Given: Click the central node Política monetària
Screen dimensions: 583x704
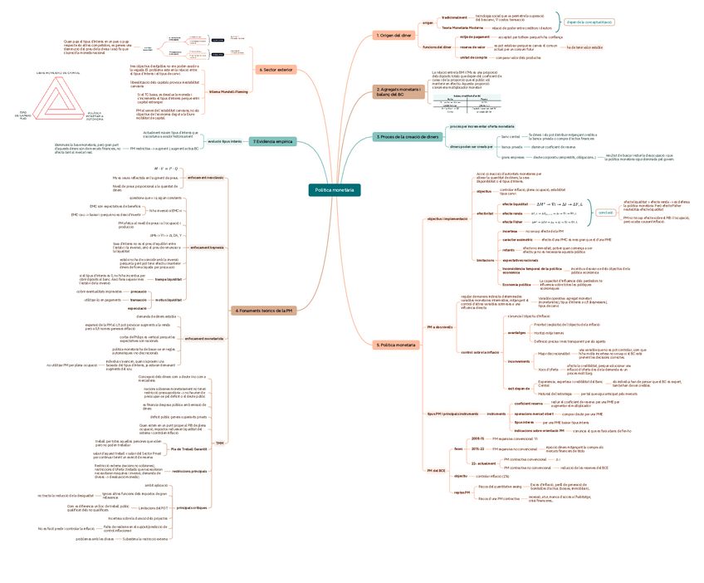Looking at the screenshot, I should tap(335, 190).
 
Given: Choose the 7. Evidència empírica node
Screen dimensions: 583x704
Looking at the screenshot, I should tap(272, 141).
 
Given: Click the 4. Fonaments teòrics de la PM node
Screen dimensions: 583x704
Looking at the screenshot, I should tap(264, 311).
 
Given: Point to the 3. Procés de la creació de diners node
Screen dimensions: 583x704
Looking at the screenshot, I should tap(407, 136).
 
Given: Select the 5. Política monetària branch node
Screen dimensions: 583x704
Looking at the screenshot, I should tap(396, 344).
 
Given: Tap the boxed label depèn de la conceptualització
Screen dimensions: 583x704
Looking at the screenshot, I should tap(589, 22).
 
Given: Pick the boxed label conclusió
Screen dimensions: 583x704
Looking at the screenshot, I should tap(605, 212).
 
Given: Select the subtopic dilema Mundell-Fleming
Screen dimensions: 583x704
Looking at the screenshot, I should tap(227, 91).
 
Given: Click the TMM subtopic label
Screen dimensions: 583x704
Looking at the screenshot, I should tap(220, 443).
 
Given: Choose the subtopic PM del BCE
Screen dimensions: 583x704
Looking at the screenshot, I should tap(437, 471).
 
